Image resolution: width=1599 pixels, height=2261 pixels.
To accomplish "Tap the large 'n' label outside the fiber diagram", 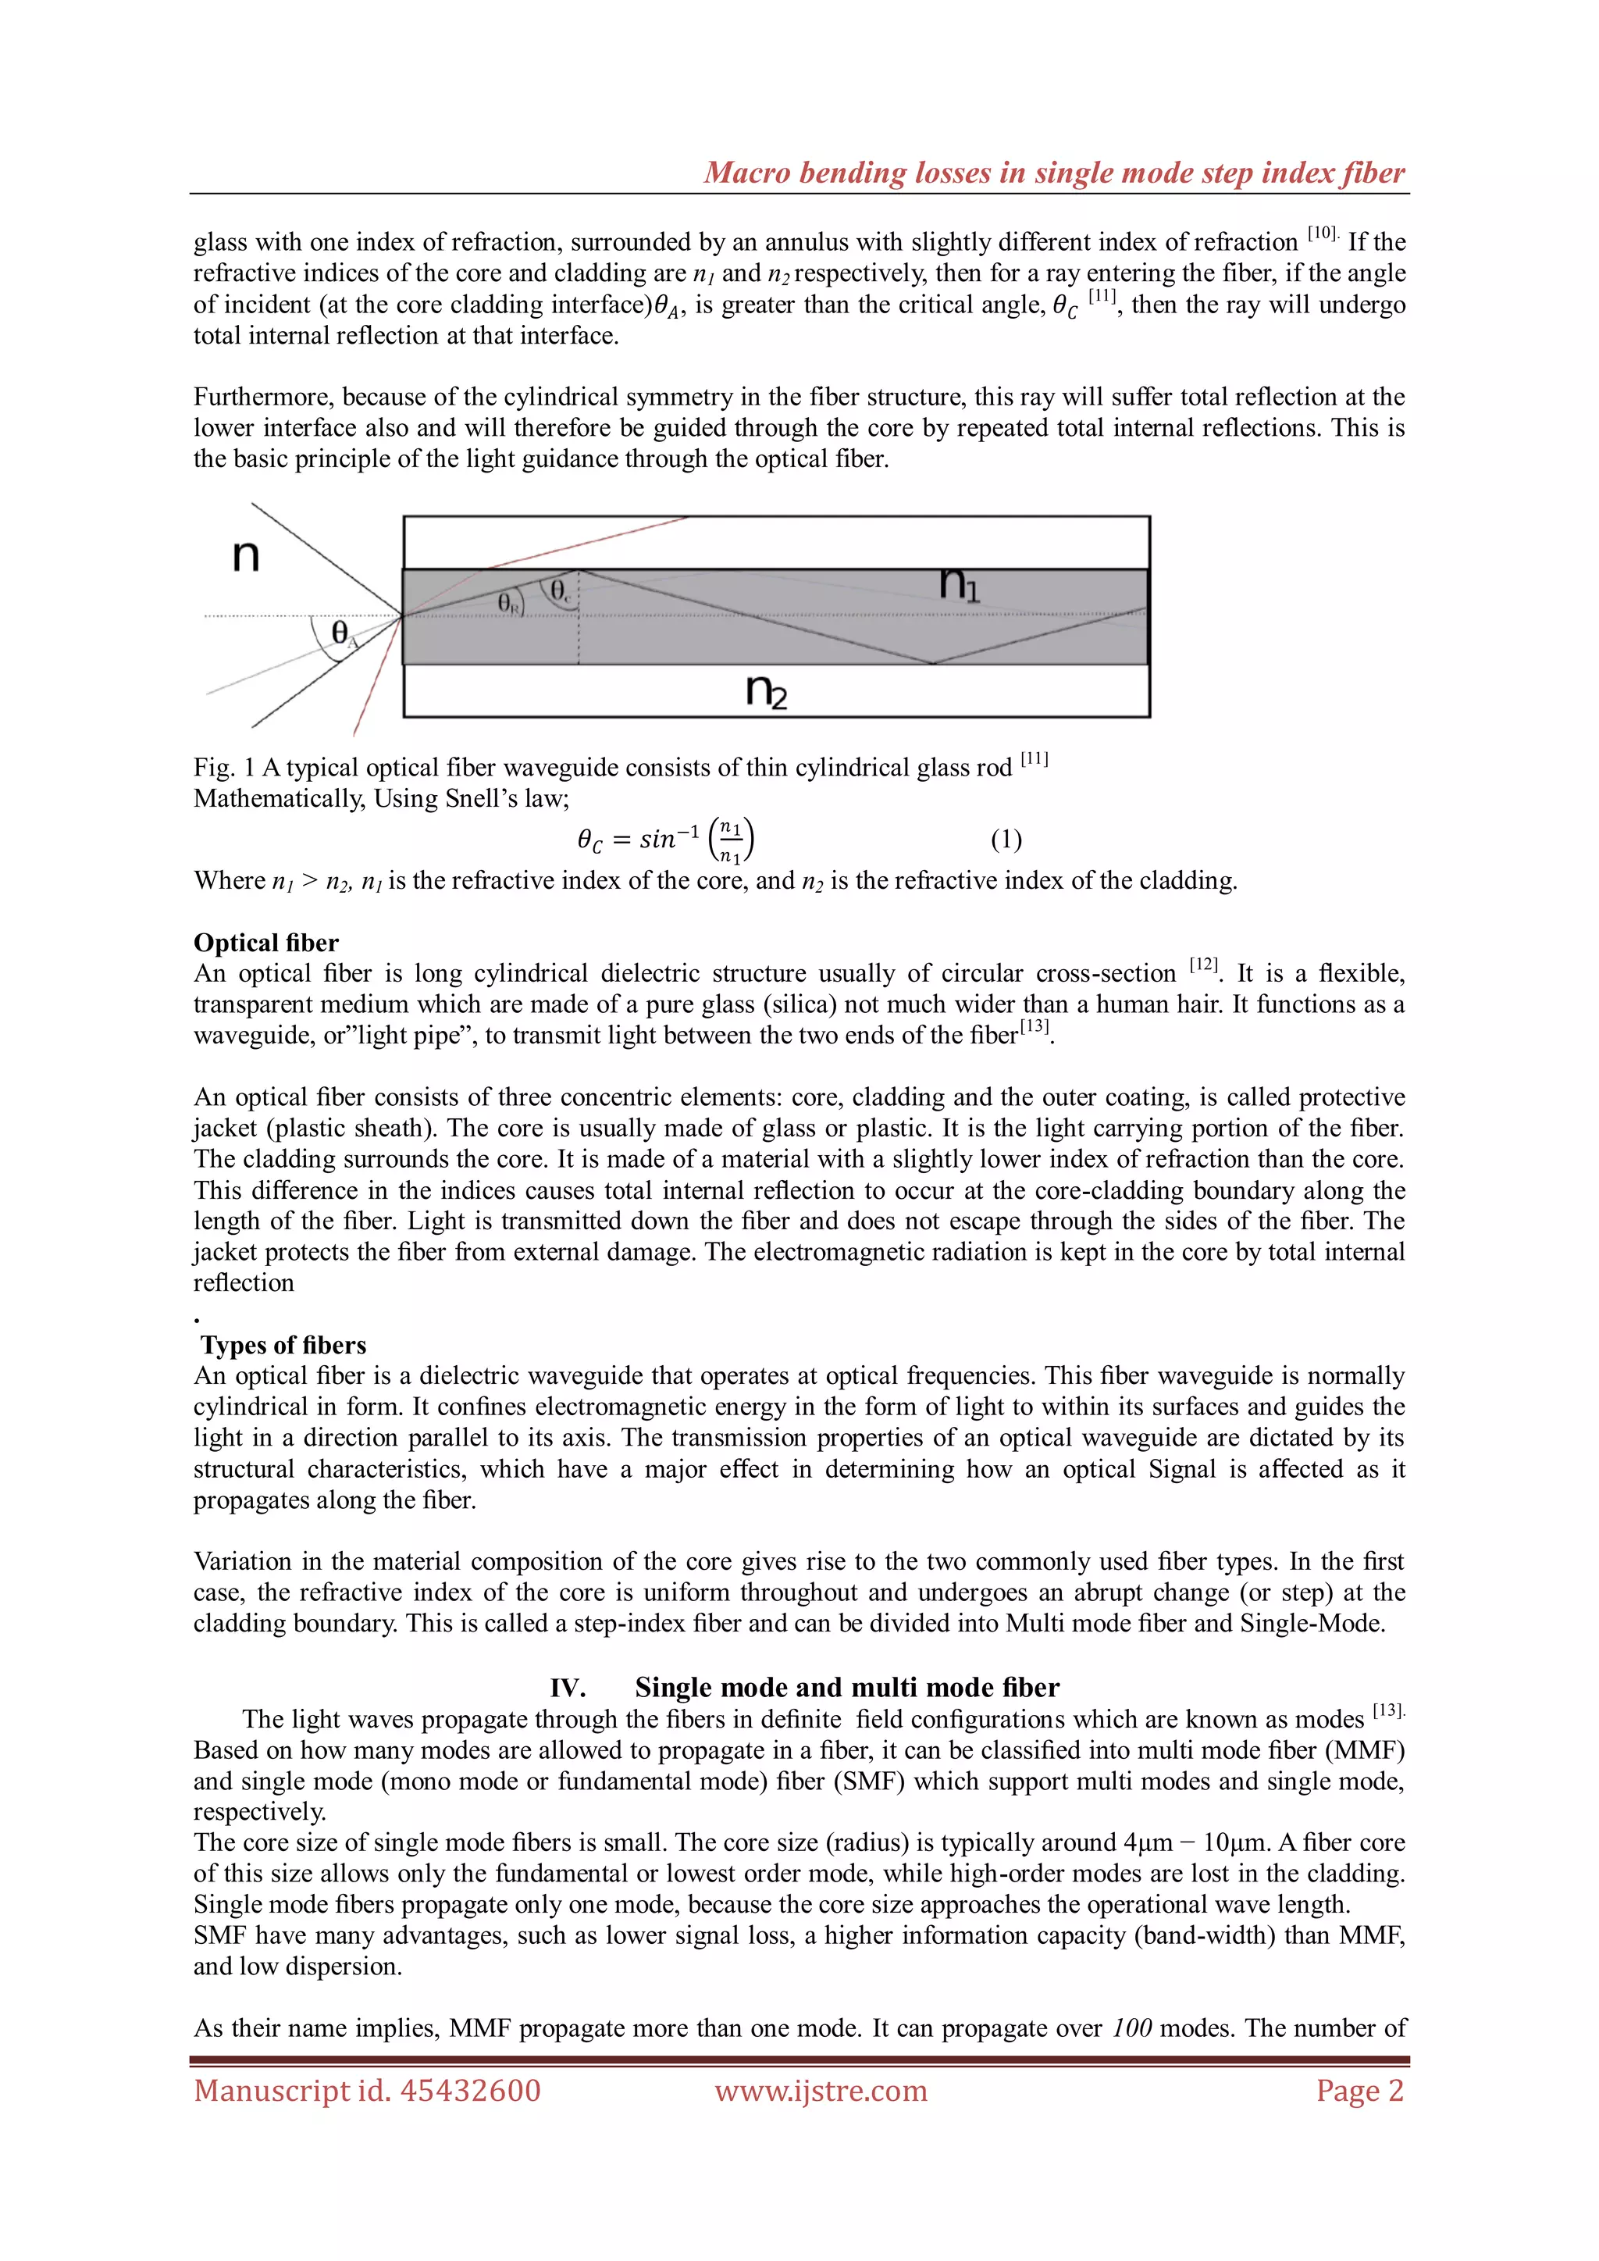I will coord(245,556).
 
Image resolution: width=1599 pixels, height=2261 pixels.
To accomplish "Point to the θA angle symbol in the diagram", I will coord(342,634).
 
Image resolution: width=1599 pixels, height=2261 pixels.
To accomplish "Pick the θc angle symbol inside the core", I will coord(559,591).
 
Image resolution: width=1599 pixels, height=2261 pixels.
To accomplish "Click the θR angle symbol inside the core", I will coord(509,603).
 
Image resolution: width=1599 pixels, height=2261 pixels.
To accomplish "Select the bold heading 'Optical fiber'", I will coord(265,943).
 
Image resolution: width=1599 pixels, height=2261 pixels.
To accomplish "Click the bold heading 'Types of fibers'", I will coord(283,1345).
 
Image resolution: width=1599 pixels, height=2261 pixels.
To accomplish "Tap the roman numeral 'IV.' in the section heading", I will coord(568,1688).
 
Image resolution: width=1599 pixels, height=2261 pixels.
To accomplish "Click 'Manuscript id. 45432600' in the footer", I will coord(367,2091).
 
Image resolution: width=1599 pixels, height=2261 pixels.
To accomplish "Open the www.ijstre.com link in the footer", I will coord(821,2091).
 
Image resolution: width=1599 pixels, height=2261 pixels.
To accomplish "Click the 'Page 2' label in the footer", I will coord(1360,2091).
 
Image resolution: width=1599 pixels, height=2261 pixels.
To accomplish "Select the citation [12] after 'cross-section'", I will coord(1203,965).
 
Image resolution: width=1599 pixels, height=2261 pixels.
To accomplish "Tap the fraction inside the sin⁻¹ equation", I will coord(731,840).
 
